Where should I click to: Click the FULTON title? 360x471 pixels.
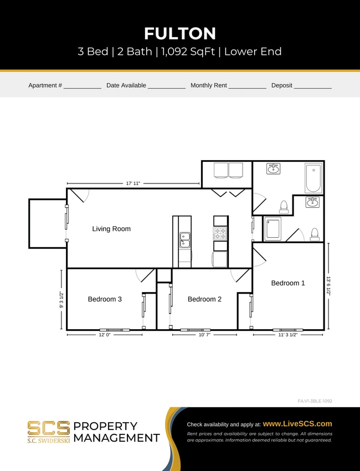[180, 34]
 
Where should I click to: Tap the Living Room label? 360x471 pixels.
[111, 229]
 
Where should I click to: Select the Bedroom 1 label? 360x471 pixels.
[287, 283]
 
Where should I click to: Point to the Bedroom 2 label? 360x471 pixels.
[204, 299]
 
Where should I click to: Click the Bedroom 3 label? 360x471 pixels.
[105, 299]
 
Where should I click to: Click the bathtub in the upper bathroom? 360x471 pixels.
[313, 177]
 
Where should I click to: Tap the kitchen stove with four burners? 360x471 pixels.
[220, 233]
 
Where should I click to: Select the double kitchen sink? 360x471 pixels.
[185, 240]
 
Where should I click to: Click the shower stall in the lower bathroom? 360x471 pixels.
[272, 229]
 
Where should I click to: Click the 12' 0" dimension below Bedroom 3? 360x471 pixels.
[104, 335]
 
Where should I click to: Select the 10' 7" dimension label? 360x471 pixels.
[204, 335]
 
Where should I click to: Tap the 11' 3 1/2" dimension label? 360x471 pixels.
[287, 335]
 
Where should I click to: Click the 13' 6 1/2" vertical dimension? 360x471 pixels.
[328, 286]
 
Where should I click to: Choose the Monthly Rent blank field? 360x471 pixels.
[247, 86]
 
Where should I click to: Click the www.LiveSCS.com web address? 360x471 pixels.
[297, 423]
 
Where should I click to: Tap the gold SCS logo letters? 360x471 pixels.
[49, 428]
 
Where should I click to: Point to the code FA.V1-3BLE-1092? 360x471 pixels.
[315, 401]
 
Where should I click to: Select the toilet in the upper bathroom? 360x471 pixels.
[284, 207]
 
